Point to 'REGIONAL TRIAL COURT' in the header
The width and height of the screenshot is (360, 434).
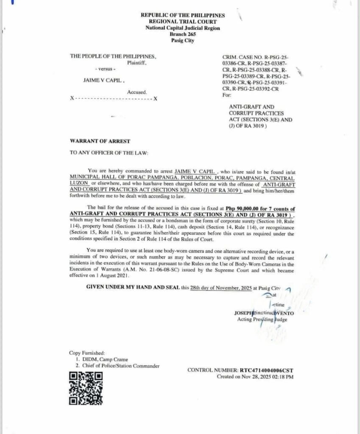(x=183, y=22)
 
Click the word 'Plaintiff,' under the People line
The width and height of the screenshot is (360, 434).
(x=137, y=63)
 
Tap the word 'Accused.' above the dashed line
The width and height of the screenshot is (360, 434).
(x=137, y=92)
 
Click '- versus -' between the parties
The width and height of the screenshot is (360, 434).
(x=103, y=69)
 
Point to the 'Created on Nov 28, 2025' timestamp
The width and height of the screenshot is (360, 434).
(x=255, y=376)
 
